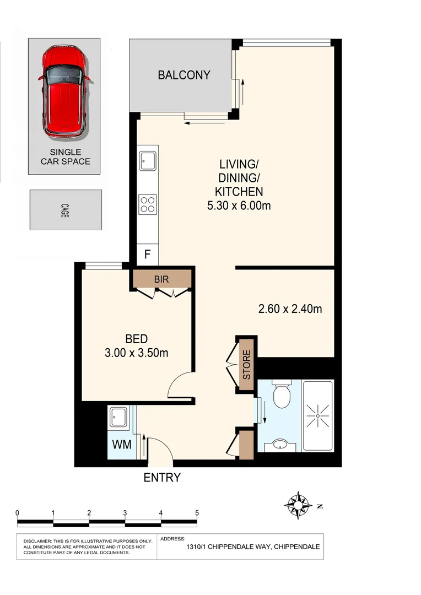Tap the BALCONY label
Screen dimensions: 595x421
click(x=184, y=75)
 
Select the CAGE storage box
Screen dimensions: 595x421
click(x=65, y=210)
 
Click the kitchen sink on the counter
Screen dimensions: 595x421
click(x=148, y=161)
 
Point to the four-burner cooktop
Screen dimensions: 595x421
click(x=148, y=204)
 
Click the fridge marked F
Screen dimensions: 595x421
click(x=147, y=255)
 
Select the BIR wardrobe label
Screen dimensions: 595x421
click(x=161, y=280)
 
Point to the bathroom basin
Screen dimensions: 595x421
click(x=280, y=444)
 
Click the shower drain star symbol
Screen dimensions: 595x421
click(x=319, y=413)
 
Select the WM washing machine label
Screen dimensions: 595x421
click(x=122, y=445)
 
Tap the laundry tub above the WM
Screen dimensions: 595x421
click(x=118, y=417)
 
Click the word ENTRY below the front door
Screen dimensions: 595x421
click(x=162, y=478)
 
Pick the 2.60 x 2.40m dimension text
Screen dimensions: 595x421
click(x=290, y=309)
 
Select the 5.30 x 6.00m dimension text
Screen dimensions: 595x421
click(x=239, y=206)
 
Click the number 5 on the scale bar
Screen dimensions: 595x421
click(x=197, y=512)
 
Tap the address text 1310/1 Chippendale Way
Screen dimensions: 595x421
click(x=252, y=548)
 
